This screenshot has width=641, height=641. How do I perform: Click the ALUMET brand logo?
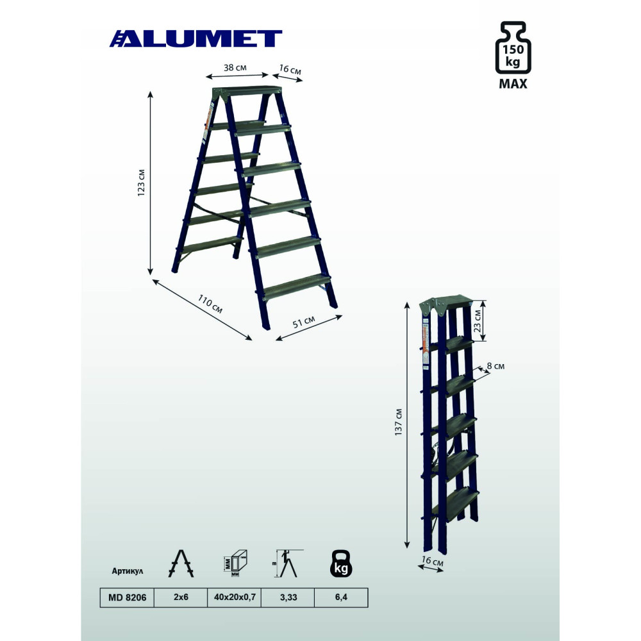[x=196, y=39]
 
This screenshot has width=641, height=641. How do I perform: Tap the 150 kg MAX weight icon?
[x=513, y=55]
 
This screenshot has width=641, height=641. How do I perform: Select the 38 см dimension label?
[x=235, y=67]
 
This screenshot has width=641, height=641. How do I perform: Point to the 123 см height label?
[x=141, y=183]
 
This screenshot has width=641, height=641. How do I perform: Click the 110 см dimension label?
[x=210, y=304]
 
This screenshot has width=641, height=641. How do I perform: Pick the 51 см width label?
[x=304, y=322]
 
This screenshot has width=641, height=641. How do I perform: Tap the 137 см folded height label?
[x=399, y=422]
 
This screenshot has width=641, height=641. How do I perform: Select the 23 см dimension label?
[x=477, y=321]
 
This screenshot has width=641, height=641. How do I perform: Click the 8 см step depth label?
[x=495, y=366]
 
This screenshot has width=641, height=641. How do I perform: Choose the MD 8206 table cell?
[x=127, y=597]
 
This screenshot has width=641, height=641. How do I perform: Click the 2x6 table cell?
[x=181, y=597]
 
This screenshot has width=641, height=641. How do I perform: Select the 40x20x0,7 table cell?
[x=234, y=597]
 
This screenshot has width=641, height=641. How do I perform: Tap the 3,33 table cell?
[x=288, y=597]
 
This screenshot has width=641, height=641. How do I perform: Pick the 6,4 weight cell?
[x=341, y=597]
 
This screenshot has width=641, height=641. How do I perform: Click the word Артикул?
[x=128, y=571]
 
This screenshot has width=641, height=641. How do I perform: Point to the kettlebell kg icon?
[x=341, y=563]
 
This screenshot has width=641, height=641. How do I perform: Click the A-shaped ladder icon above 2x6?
[x=181, y=563]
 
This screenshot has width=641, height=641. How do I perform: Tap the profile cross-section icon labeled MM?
[x=235, y=563]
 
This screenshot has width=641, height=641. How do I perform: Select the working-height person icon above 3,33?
[x=289, y=563]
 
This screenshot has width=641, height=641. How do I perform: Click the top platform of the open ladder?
[x=247, y=91]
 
